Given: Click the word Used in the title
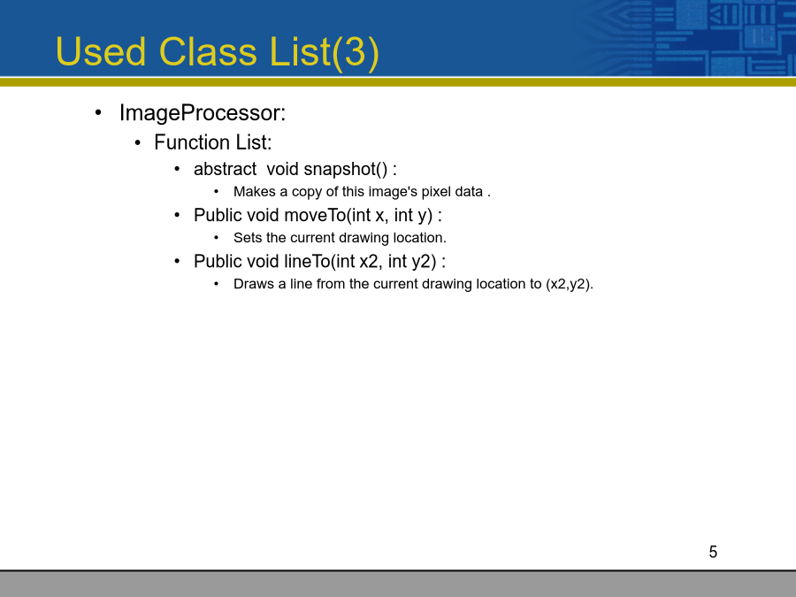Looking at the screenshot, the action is [x=101, y=51].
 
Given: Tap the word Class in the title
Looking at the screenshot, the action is [x=208, y=51].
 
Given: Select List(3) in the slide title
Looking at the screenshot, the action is [x=325, y=53].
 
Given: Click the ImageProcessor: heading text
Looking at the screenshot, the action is [x=203, y=113].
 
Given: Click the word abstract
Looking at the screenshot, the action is [x=225, y=169].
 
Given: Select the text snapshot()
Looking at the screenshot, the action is [x=346, y=170].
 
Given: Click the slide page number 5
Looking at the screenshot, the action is [x=713, y=552].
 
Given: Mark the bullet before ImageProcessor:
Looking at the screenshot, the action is [x=98, y=113].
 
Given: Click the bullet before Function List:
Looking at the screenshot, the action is [x=138, y=143].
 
